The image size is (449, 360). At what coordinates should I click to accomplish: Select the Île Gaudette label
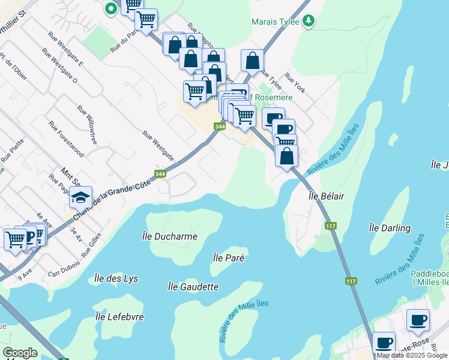point(193,287)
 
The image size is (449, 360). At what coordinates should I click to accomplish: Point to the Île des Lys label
point(116,278)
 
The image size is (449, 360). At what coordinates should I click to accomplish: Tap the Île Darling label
point(390,228)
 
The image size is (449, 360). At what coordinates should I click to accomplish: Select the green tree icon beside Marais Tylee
point(309,21)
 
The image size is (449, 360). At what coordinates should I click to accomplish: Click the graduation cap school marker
point(80,196)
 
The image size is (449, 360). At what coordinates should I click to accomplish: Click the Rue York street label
point(295,83)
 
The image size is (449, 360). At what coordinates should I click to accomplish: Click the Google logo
point(20,353)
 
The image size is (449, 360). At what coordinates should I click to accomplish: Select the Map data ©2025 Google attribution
point(412,355)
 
